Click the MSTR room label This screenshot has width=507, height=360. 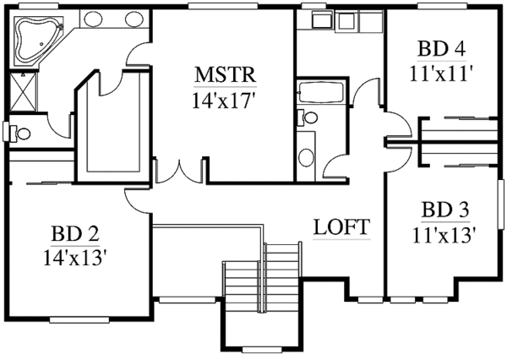(224, 74)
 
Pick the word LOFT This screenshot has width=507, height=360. (341, 226)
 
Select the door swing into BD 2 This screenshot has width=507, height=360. (135, 199)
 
